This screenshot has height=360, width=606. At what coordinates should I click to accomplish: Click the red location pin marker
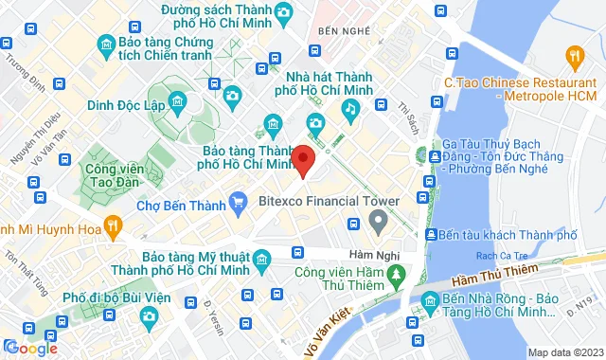pyautogui.click(x=303, y=159)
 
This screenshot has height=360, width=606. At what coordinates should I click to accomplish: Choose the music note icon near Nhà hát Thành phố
pyautogui.click(x=349, y=109)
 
